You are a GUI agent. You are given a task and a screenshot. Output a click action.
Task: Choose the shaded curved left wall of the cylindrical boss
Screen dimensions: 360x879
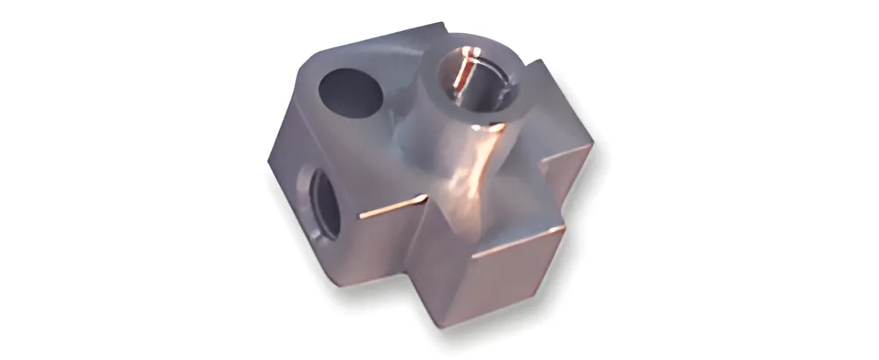point(418,133)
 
